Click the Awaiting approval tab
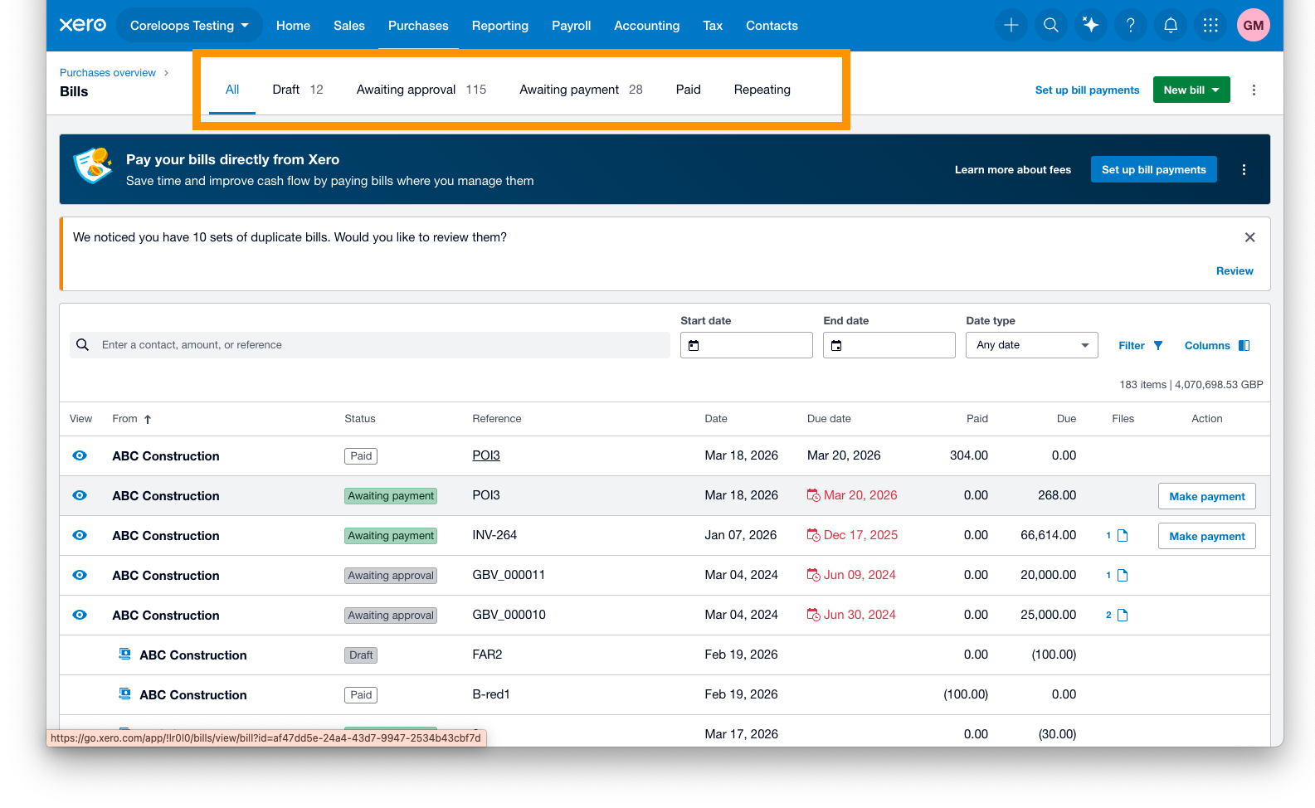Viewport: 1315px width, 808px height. [421, 90]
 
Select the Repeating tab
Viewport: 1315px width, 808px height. [762, 90]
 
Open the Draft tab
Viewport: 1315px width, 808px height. [298, 90]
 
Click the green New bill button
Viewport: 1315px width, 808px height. [1191, 90]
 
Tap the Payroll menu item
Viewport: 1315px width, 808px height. [571, 26]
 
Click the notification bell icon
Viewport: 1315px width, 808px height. [1170, 25]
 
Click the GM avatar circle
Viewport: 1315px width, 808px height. [1253, 25]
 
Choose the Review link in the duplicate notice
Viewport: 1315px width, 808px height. [1234, 270]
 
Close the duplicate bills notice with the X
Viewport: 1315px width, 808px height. [1249, 237]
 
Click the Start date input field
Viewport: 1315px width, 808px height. [746, 345]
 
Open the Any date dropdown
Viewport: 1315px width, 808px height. [1031, 345]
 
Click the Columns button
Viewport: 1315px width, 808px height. [1216, 346]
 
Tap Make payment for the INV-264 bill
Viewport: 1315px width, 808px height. [1206, 536]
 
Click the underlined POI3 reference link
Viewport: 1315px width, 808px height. [486, 455]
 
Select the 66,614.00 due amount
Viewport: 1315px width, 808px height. [1048, 535]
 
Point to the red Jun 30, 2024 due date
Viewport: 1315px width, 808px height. [859, 615]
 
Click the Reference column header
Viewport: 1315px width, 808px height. [497, 418]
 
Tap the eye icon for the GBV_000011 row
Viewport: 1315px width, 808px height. [80, 575]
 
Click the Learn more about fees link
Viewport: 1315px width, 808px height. [1013, 169]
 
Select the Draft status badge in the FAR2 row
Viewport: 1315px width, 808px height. [360, 655]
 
